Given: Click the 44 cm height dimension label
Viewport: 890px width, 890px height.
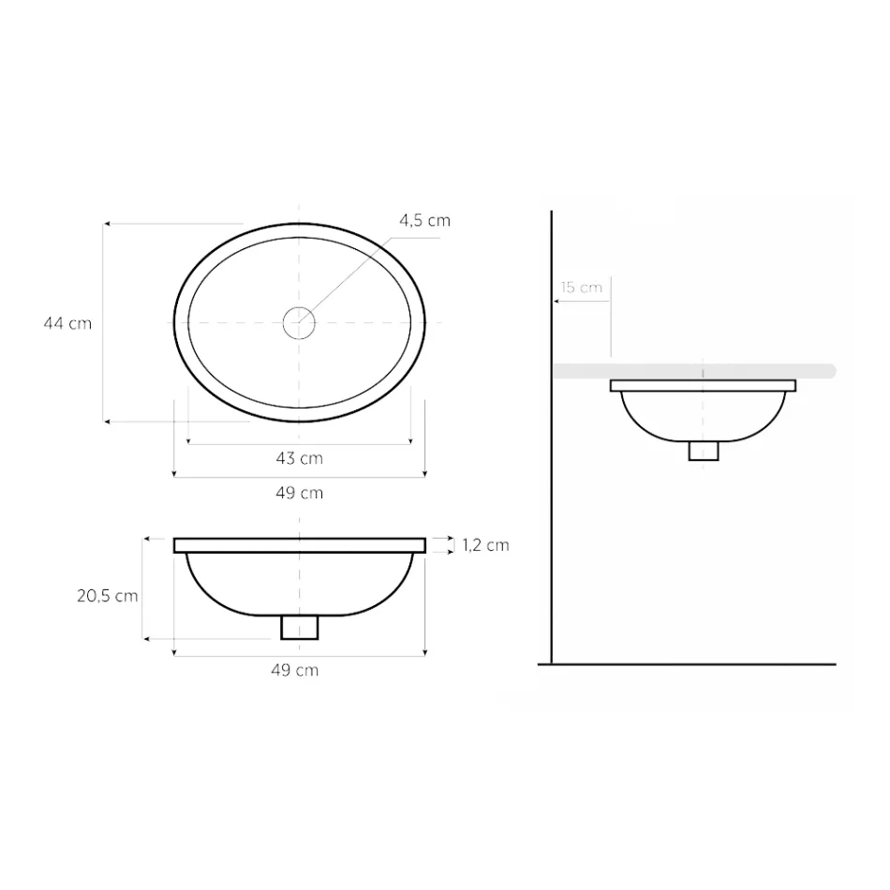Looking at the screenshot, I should (x=67, y=323).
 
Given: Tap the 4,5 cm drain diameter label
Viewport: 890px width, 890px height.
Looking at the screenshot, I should (x=424, y=221).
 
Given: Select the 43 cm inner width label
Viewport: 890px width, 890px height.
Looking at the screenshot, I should (x=299, y=458).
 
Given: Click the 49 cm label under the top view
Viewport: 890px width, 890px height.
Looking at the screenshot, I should (x=299, y=493).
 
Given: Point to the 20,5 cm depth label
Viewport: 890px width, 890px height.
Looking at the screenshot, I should (x=108, y=596).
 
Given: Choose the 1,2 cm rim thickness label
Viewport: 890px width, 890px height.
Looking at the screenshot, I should (x=485, y=544).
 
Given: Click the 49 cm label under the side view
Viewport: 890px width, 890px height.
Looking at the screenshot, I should (x=294, y=670).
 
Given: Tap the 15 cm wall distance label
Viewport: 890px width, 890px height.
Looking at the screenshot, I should (x=582, y=288).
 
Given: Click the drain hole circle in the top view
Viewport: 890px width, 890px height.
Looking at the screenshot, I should (x=299, y=323).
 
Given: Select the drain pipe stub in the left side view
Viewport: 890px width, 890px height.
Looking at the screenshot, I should (x=299, y=627).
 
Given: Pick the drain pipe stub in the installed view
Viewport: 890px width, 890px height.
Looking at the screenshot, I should (x=703, y=451).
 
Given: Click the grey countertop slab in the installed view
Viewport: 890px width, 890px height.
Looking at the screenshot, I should (x=815, y=371).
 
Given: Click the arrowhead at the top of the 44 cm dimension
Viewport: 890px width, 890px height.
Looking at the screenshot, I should (x=108, y=225).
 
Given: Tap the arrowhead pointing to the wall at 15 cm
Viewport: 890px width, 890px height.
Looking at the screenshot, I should (x=558, y=301).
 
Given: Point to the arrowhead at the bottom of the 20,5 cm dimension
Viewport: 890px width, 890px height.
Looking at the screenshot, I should (x=147, y=639).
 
